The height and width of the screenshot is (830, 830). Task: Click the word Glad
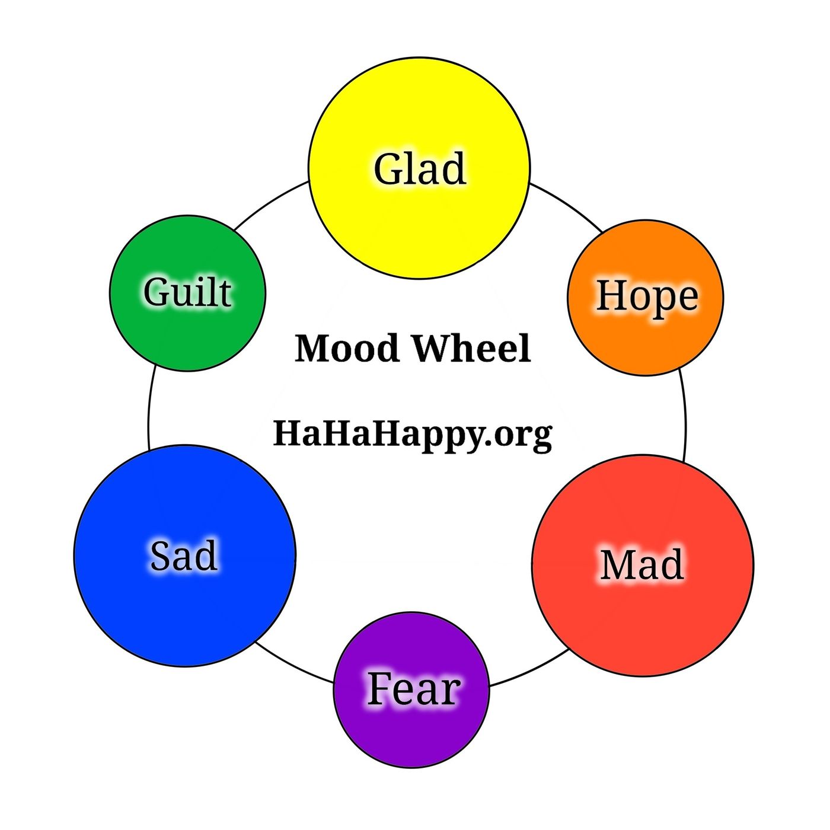(x=420, y=169)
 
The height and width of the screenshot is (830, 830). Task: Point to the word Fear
(x=413, y=689)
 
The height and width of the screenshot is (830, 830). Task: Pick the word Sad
(x=184, y=556)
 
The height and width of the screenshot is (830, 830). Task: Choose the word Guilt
(x=187, y=292)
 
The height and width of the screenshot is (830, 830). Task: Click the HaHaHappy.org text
(x=413, y=434)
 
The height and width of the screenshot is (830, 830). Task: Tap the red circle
(x=643, y=622)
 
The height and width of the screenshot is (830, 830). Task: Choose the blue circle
(x=185, y=611)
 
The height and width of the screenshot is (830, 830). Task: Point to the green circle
(x=187, y=338)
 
